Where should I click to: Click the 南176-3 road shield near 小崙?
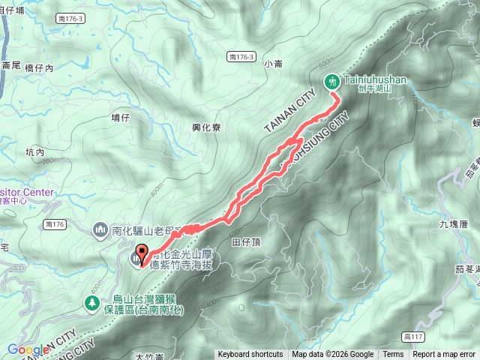pos(241,57)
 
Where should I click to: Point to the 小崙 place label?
pos(274,65)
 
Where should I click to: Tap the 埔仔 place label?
pos(121,118)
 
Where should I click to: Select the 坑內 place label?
pos(35,152)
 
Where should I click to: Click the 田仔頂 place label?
pos(246,242)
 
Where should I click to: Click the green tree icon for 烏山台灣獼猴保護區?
pos(91,303)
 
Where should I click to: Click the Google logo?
pos(28,349)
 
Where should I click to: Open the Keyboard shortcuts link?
pos(250,355)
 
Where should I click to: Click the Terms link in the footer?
pos(393,355)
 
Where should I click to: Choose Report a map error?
pos(444,355)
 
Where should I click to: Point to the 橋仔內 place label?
pos(50,67)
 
